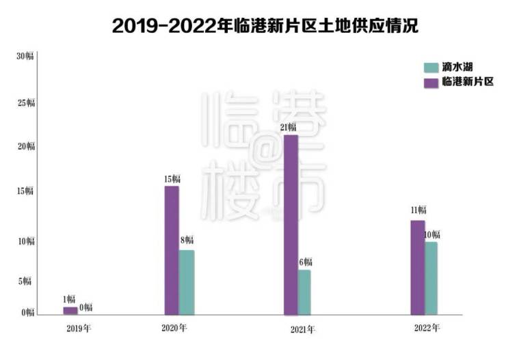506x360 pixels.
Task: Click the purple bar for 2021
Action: click(x=291, y=225)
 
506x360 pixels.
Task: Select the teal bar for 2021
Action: click(x=304, y=292)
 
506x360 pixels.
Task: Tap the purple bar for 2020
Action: click(x=172, y=250)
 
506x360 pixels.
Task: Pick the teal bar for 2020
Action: click(x=186, y=282)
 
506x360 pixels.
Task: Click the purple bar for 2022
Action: click(x=417, y=267)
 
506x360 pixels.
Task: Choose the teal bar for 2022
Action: click(x=431, y=278)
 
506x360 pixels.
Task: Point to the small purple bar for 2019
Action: click(x=70, y=311)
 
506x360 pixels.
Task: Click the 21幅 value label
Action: click(x=288, y=127)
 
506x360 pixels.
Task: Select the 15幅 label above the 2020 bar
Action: click(x=172, y=179)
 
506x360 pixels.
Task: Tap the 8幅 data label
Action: click(x=187, y=240)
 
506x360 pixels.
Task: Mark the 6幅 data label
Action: click(x=306, y=262)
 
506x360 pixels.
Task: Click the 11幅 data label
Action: click(x=418, y=210)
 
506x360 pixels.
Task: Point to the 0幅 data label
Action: click(x=86, y=307)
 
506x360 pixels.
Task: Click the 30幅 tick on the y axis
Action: click(x=25, y=57)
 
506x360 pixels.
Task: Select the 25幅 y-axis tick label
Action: click(x=25, y=103)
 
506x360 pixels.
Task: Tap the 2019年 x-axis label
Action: click(x=79, y=329)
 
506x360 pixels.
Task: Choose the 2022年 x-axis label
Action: click(x=427, y=328)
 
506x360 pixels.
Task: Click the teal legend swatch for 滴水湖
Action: click(x=431, y=68)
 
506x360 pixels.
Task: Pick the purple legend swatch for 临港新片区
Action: click(x=431, y=82)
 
